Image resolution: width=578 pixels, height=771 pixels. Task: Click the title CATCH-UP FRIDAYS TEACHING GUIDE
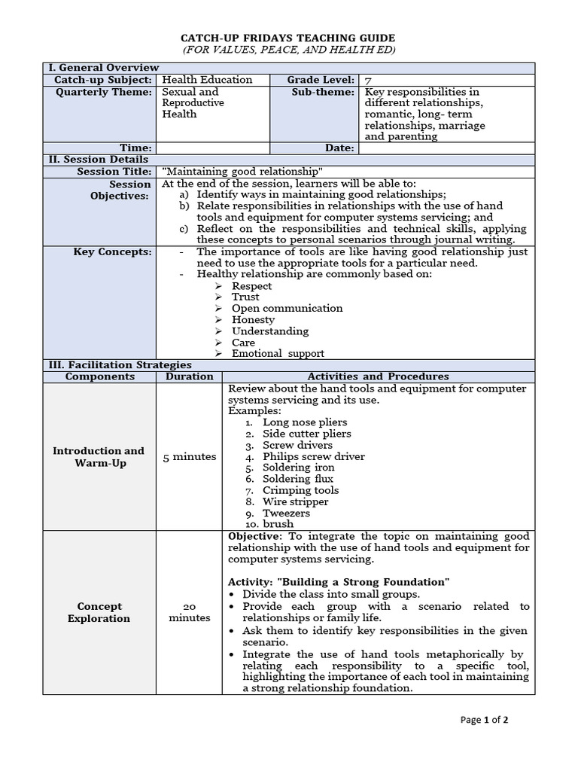[288, 38]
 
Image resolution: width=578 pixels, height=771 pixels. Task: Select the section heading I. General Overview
[104, 68]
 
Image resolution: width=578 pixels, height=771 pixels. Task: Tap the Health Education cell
[207, 80]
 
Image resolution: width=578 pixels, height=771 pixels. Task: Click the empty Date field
[446, 148]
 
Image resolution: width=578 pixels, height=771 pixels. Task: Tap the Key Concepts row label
[112, 251]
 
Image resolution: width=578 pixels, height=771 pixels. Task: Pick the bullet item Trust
[245, 297]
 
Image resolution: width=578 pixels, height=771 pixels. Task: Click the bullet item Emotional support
[278, 353]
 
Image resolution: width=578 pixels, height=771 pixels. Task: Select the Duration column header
[190, 376]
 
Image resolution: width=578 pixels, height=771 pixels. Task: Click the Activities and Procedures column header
[379, 376]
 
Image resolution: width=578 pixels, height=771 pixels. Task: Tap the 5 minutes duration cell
[190, 456]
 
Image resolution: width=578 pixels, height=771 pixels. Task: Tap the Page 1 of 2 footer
[485, 720]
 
